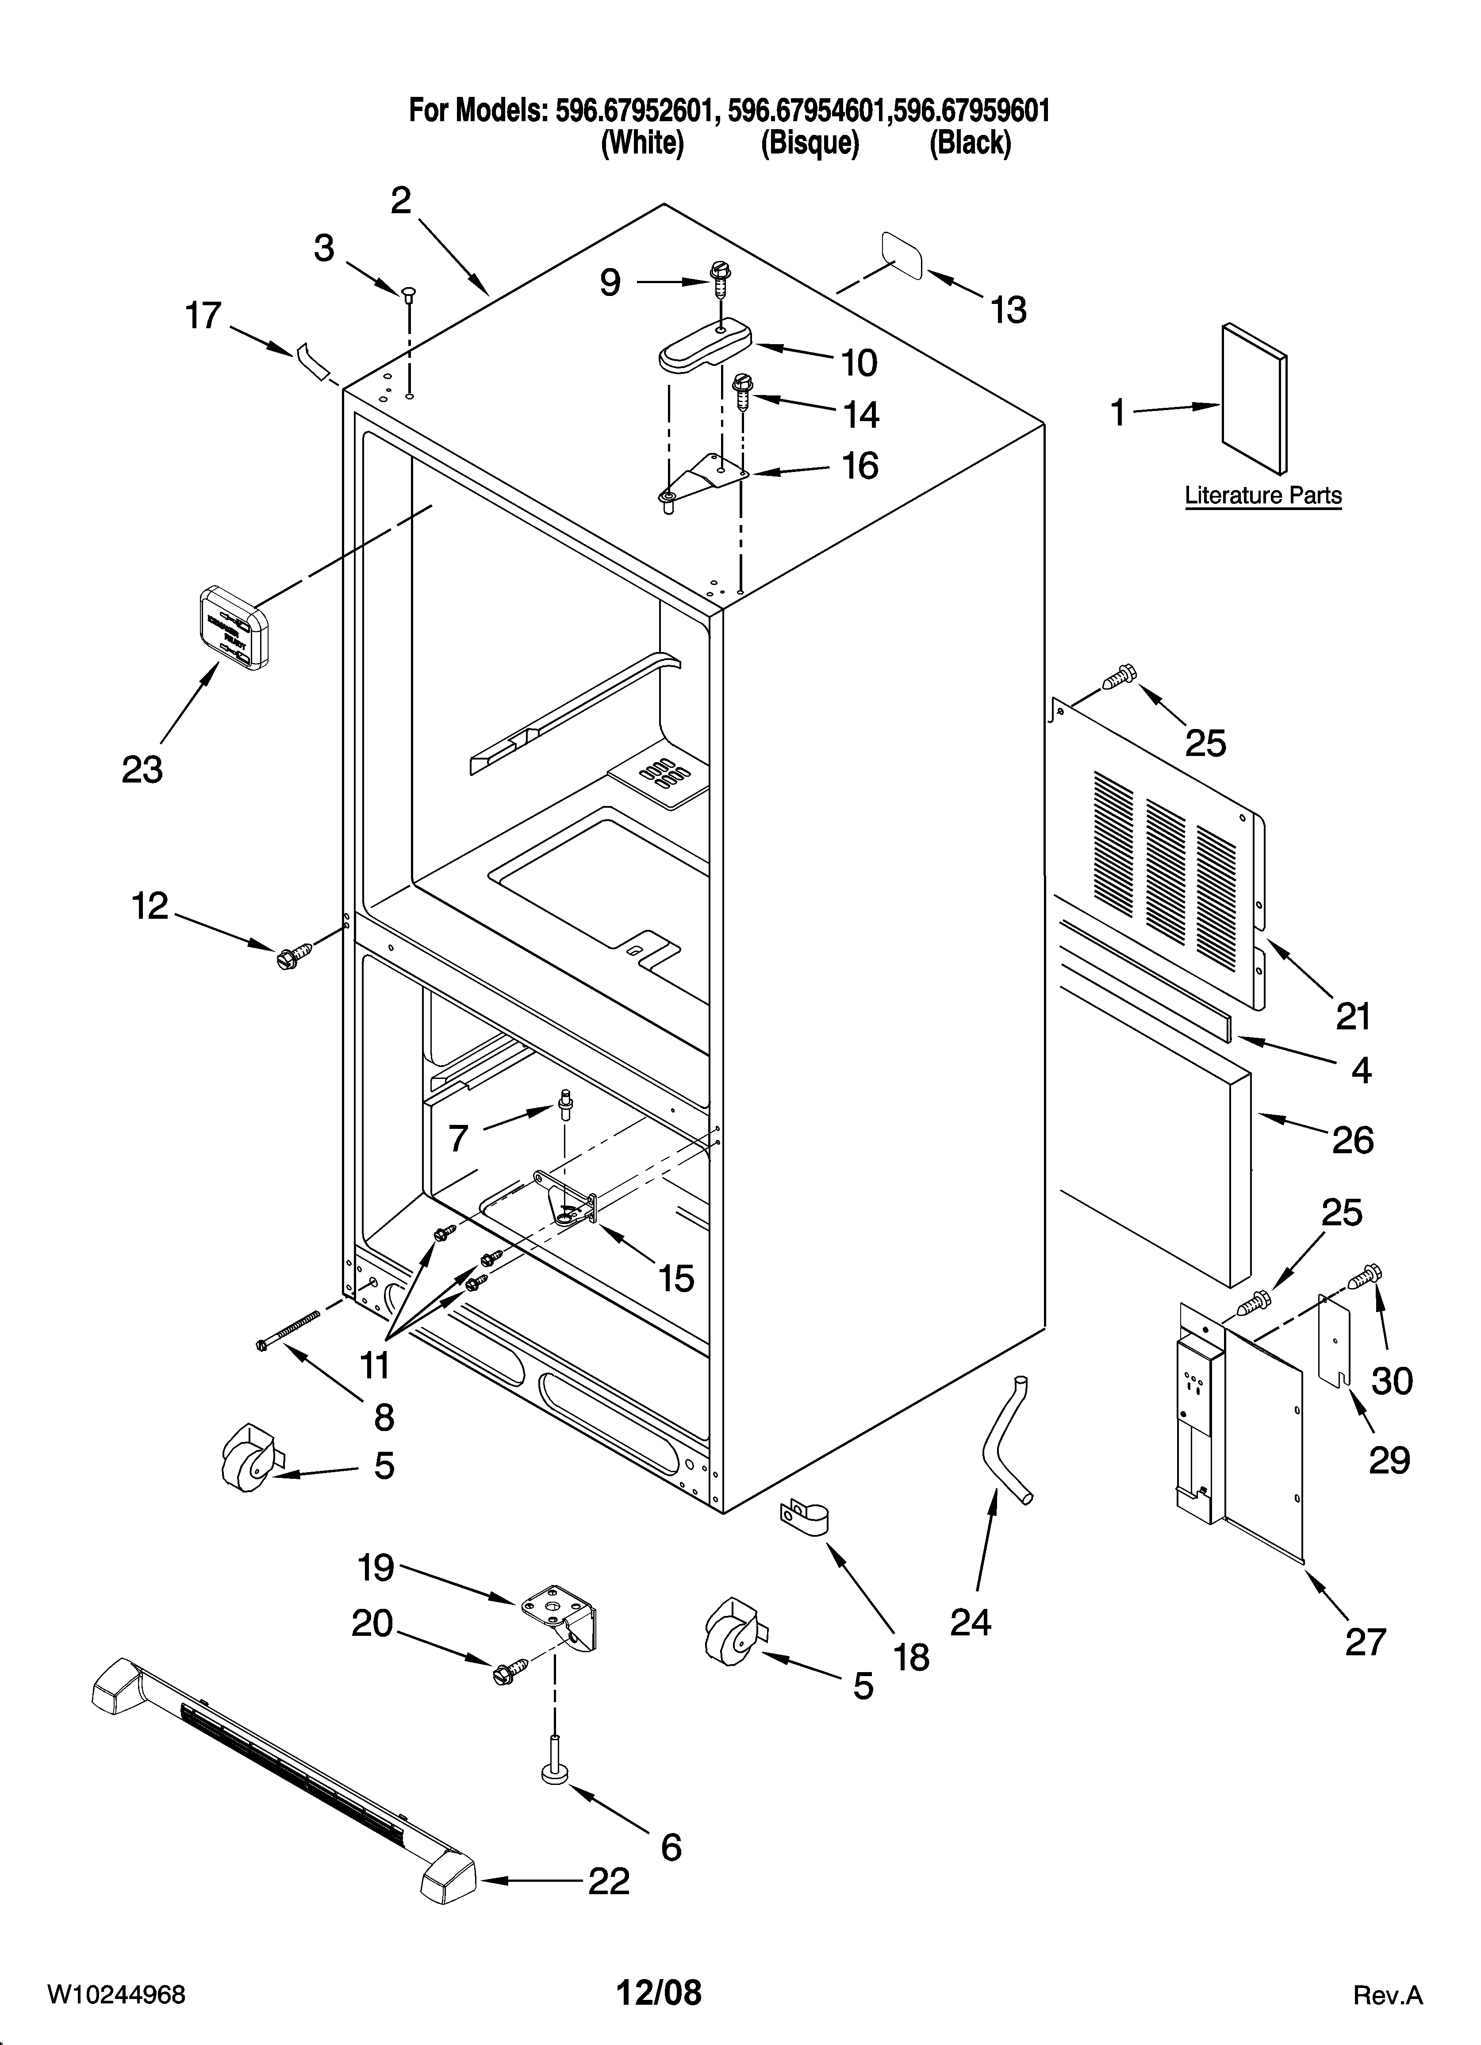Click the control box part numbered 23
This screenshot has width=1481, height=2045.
(x=233, y=627)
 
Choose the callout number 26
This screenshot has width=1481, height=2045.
(x=1352, y=1141)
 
